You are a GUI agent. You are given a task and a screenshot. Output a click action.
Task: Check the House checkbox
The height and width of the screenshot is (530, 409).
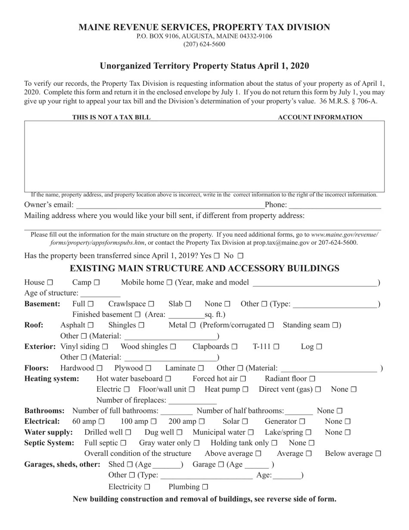pyautogui.click(x=50, y=283)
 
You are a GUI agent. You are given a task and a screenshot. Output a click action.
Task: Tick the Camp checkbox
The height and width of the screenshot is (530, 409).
pyautogui.click(x=96, y=283)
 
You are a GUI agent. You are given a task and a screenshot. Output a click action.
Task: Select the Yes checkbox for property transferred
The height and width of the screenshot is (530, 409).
pyautogui.click(x=217, y=256)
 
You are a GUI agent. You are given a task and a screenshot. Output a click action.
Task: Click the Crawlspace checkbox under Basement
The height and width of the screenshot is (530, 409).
pyautogui.click(x=151, y=304)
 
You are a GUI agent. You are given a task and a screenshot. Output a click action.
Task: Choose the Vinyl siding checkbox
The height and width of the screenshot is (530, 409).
pyautogui.click(x=105, y=347)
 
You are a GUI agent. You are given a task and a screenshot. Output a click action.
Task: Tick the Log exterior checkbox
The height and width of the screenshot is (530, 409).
pyautogui.click(x=319, y=347)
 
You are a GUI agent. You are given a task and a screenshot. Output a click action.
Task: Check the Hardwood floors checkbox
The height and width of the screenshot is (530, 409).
pyautogui.click(x=100, y=368)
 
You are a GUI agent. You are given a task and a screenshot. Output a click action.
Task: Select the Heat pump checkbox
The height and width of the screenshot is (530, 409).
pyautogui.click(x=245, y=390)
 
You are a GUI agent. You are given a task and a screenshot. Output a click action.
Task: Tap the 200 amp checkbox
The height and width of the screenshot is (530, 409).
pyautogui.click(x=201, y=422)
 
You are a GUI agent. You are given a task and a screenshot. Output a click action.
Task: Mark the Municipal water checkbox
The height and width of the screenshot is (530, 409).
pyautogui.click(x=251, y=433)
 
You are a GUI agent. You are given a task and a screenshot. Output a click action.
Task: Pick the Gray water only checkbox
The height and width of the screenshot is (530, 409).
pyautogui.click(x=197, y=443)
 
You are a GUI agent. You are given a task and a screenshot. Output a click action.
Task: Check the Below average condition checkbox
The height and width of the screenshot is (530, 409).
pyautogui.click(x=378, y=454)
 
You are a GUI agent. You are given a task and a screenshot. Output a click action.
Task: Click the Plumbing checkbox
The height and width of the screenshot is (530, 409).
pyautogui.click(x=205, y=487)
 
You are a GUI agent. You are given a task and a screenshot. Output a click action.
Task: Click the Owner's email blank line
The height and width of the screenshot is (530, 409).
pyautogui.click(x=170, y=205)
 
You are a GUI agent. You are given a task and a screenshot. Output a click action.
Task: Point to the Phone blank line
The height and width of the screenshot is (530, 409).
pyautogui.click(x=335, y=205)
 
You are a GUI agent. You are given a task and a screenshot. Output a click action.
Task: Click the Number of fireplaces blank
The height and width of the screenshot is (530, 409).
pyautogui.click(x=186, y=401)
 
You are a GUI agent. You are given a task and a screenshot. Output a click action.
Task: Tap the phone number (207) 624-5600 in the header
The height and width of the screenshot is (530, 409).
pyautogui.click(x=204, y=44)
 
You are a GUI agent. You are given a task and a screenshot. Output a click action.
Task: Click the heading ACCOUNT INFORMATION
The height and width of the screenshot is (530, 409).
pyautogui.click(x=320, y=117)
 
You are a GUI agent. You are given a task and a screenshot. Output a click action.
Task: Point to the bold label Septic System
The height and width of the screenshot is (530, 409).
pyautogui.click(x=49, y=443)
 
